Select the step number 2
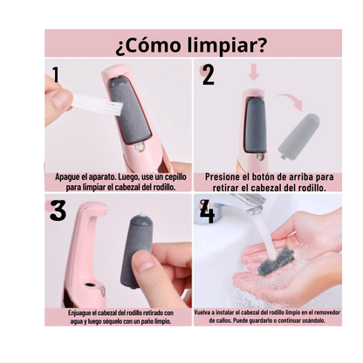[209, 75]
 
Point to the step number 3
[58, 211]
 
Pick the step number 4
[207, 212]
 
